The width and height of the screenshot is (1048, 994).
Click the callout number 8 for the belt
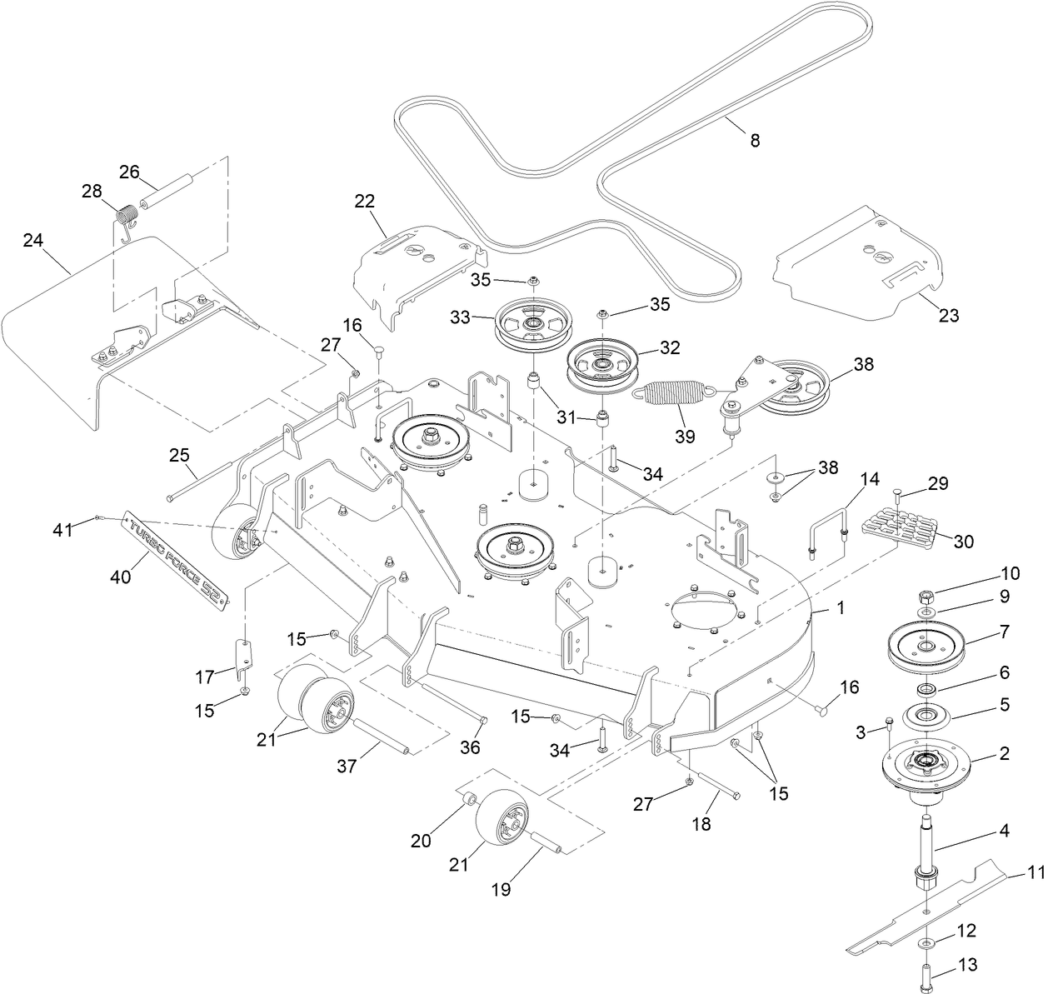click(755, 141)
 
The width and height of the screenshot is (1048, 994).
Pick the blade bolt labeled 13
click(930, 972)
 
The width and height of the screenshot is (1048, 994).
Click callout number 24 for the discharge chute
click(32, 241)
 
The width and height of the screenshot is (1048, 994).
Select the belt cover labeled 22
click(412, 265)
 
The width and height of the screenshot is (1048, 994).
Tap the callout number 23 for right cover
click(948, 316)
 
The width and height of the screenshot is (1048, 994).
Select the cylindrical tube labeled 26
click(167, 192)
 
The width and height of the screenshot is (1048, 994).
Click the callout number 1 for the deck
click(840, 608)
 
